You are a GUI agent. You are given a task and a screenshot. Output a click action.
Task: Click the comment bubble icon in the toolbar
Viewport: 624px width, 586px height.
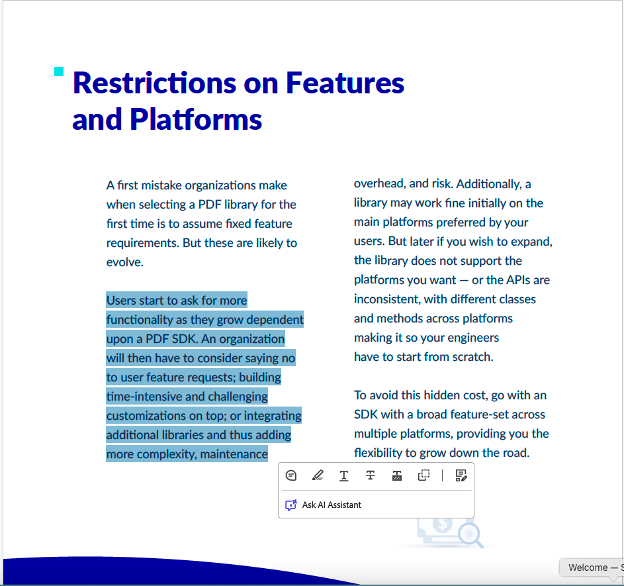click(x=291, y=475)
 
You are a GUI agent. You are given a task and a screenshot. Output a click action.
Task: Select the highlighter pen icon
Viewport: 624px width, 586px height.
click(x=318, y=475)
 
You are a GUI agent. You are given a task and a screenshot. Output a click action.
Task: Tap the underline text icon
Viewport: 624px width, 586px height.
click(x=344, y=475)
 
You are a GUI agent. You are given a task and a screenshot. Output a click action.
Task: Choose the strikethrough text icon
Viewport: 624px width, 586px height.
click(x=371, y=475)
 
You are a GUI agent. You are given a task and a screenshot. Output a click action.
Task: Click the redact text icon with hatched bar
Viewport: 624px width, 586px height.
click(x=397, y=475)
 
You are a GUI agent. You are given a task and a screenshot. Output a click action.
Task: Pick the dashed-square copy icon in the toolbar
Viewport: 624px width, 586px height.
click(x=423, y=475)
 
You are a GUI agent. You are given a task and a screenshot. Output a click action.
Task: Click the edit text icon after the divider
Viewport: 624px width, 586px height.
click(x=461, y=475)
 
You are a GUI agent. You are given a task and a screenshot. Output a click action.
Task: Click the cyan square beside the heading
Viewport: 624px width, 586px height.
click(x=59, y=72)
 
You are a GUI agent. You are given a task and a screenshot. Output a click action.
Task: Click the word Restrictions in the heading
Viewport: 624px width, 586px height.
click(x=154, y=83)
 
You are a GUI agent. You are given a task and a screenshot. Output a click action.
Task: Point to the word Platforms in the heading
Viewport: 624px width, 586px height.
click(x=196, y=119)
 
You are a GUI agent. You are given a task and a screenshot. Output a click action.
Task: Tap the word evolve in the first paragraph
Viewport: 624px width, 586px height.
click(x=124, y=262)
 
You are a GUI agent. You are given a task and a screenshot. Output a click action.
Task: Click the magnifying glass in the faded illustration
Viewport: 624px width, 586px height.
click(x=470, y=534)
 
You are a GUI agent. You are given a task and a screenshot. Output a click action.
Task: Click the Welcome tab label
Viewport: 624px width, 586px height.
click(x=588, y=567)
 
